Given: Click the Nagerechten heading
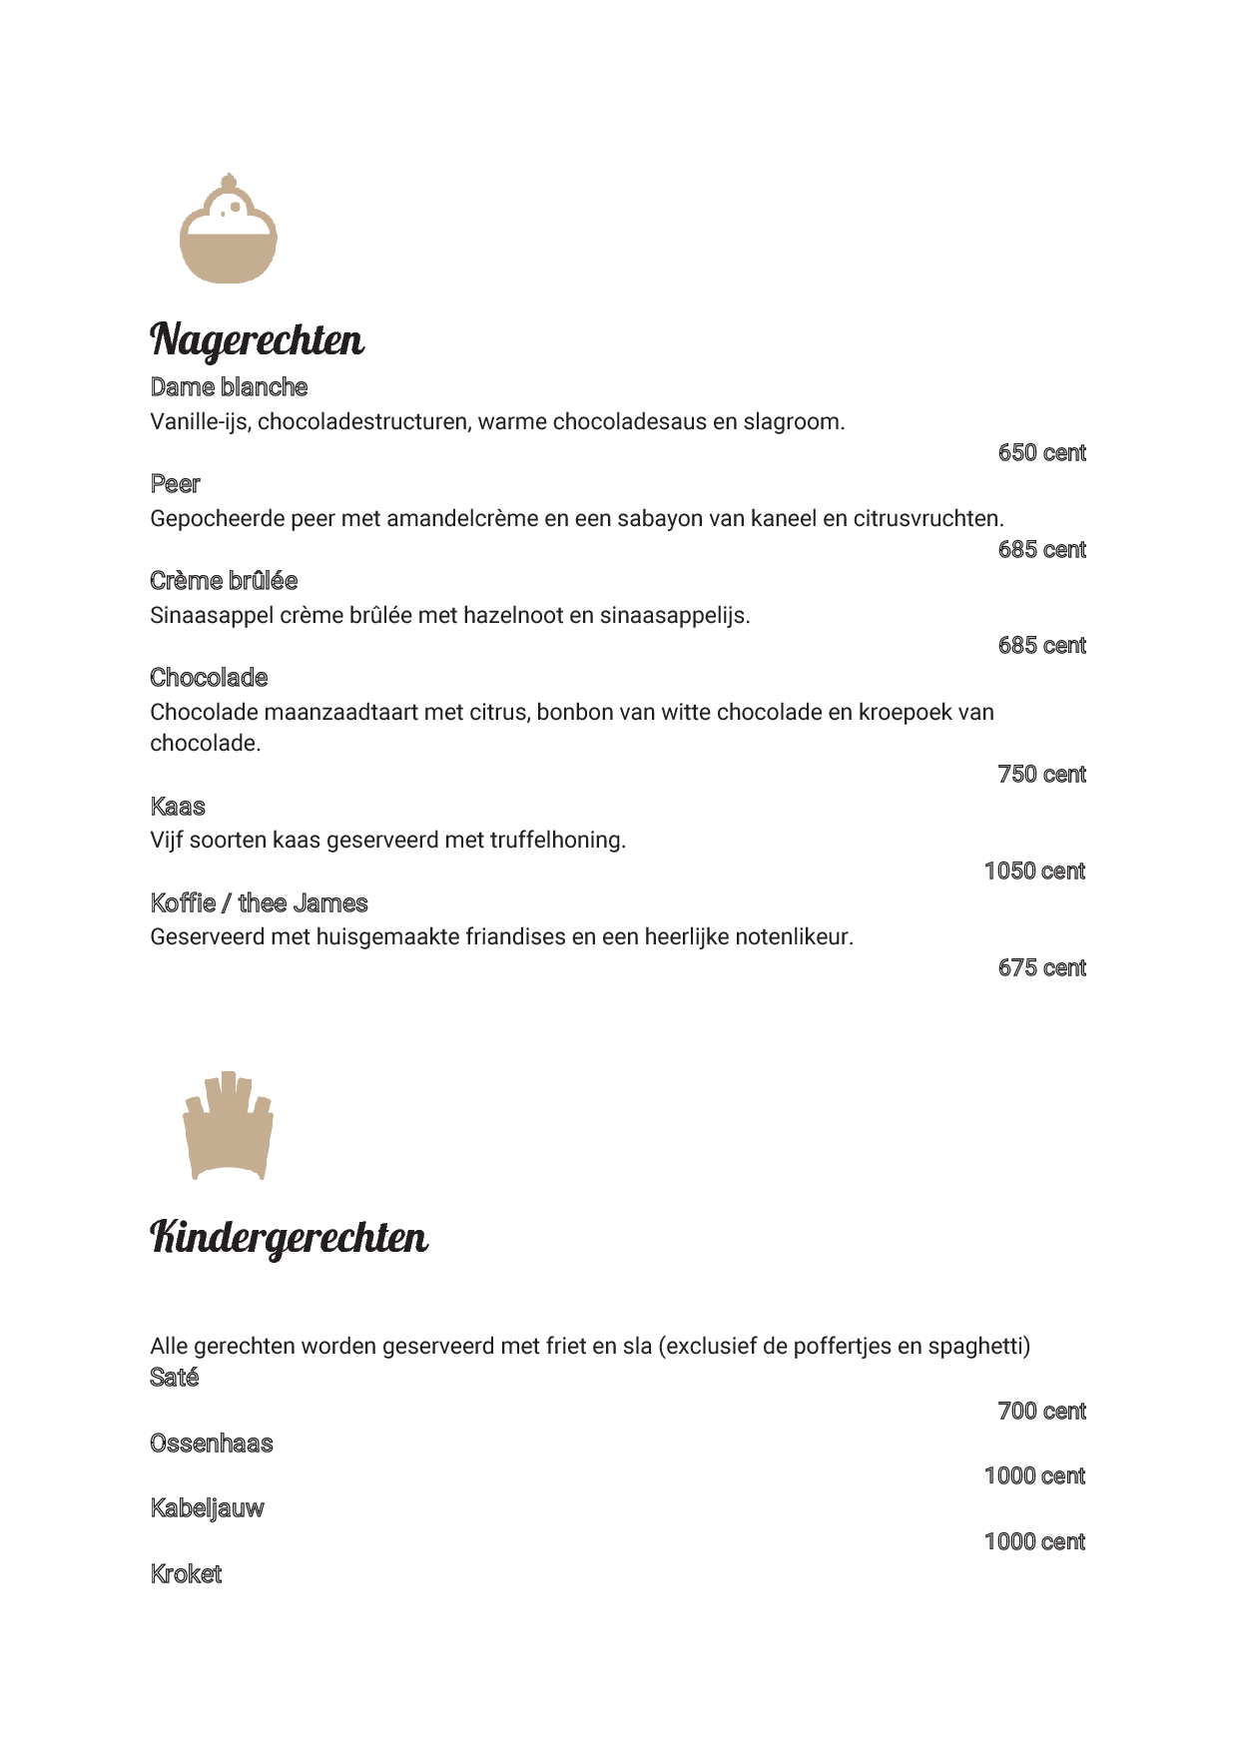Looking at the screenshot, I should click(x=257, y=339).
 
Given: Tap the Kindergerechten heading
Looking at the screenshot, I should click(x=289, y=1237).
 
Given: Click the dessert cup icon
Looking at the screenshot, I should click(x=229, y=230).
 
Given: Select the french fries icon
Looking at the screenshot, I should click(x=229, y=1126).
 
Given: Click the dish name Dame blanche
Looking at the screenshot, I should click(x=229, y=387).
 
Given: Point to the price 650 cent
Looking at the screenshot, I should click(x=1041, y=453).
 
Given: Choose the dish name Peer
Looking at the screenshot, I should click(x=175, y=484).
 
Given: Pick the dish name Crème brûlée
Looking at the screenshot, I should click(x=224, y=581).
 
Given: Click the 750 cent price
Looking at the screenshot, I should click(x=1041, y=775).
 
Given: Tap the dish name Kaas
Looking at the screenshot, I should click(x=178, y=807).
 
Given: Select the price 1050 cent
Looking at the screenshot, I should click(x=1034, y=872).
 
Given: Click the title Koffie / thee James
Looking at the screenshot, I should click(x=259, y=903).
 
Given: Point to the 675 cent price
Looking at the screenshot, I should click(x=1041, y=968).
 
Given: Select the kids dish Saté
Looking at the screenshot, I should click(x=174, y=1378).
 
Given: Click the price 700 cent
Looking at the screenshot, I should click(x=1041, y=1412).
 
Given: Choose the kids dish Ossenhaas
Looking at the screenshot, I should click(x=211, y=1444).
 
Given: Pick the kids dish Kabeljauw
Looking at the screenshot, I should click(x=207, y=1508).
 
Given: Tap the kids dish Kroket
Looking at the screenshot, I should click(x=186, y=1574).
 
